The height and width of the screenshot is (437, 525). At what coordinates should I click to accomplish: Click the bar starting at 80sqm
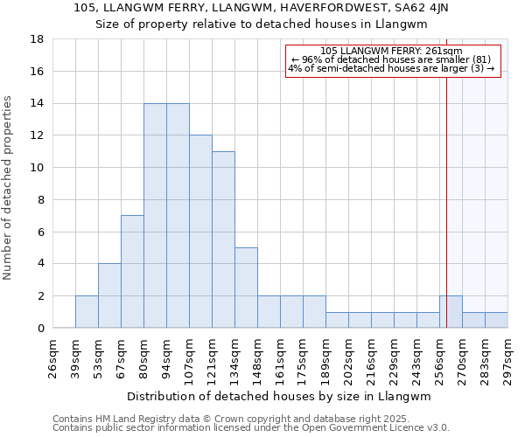click(155, 216)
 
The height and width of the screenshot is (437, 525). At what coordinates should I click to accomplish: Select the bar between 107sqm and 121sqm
click(200, 232)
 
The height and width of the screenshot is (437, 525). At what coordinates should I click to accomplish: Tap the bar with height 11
click(223, 239)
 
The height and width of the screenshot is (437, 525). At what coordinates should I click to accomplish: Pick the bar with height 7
click(132, 272)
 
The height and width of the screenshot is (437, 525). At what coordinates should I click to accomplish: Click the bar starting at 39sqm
click(87, 312)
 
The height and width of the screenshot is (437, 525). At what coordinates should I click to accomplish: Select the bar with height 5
click(246, 288)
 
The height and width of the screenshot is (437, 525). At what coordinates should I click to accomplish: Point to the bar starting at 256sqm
click(451, 312)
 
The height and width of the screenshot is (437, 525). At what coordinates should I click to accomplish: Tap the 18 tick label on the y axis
click(38, 39)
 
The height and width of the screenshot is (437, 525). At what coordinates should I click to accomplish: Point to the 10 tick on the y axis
click(38, 168)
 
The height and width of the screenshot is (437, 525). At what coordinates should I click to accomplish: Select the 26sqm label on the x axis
click(52, 357)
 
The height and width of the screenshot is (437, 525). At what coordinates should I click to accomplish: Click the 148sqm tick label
click(257, 357)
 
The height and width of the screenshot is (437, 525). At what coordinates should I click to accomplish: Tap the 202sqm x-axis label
click(348, 357)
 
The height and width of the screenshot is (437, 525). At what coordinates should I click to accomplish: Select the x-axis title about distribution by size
click(280, 396)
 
